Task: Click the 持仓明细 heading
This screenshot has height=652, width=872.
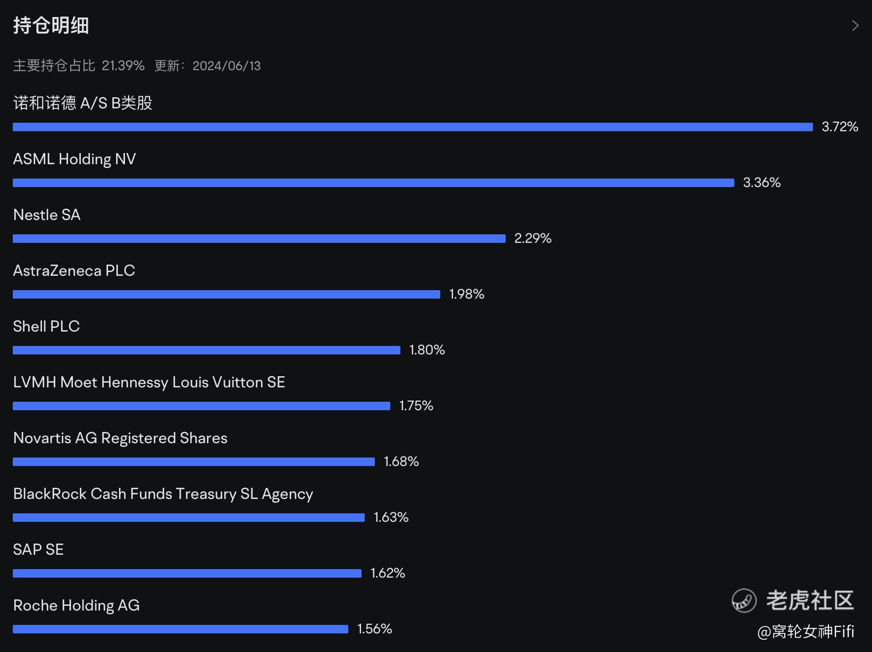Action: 51,26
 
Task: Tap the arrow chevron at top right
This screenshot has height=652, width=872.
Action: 855,26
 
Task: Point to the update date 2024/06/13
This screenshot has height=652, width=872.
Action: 227,66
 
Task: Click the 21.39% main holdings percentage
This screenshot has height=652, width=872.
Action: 123,66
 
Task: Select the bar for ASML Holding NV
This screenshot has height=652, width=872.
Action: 373,183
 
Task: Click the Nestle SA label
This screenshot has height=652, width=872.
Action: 47,215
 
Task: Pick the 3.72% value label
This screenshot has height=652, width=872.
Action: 840,126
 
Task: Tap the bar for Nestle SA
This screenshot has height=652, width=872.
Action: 259,239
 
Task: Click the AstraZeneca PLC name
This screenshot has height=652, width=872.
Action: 74,270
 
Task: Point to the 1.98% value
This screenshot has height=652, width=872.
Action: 466,294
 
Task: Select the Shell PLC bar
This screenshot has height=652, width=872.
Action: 206,350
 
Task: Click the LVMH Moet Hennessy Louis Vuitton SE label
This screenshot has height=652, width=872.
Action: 149,382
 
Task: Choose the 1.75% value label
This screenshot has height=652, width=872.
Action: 416,405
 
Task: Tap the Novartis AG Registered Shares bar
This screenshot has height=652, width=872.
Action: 194,462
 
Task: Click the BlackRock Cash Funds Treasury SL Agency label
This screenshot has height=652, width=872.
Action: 163,494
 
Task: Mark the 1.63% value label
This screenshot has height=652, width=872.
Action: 391,517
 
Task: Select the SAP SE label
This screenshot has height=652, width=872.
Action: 38,549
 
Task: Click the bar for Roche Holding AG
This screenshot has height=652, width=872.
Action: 180,629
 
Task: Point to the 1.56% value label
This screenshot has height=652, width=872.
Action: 374,629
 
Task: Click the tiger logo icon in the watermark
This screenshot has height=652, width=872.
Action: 744,601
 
